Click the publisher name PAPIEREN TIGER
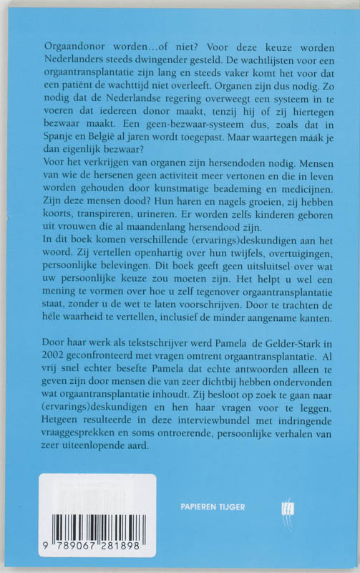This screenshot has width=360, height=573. point(213,506)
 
